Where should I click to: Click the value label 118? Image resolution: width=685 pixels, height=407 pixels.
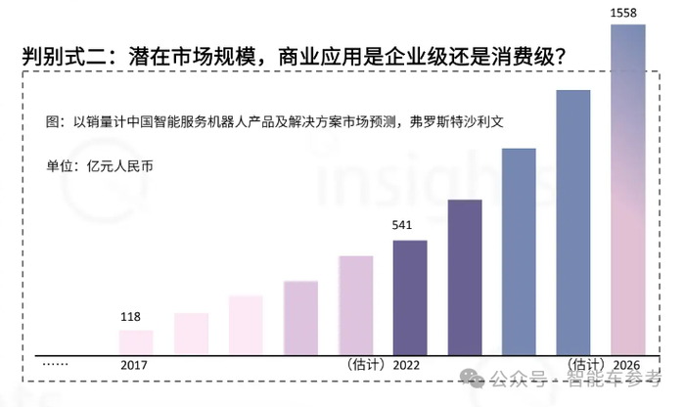[x=130, y=317]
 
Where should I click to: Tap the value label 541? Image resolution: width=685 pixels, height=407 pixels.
[x=402, y=226]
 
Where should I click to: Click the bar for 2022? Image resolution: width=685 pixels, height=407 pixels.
[x=410, y=295]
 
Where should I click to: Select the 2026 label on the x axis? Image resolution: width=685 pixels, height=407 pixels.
[x=626, y=364]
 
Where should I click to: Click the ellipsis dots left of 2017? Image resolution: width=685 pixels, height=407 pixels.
[x=56, y=364]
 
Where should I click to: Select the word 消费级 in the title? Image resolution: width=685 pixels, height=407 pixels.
[x=519, y=57]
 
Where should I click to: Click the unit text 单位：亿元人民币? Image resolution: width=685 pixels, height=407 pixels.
[x=100, y=164]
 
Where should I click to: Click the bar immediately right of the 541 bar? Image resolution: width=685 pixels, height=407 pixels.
[x=465, y=276]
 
